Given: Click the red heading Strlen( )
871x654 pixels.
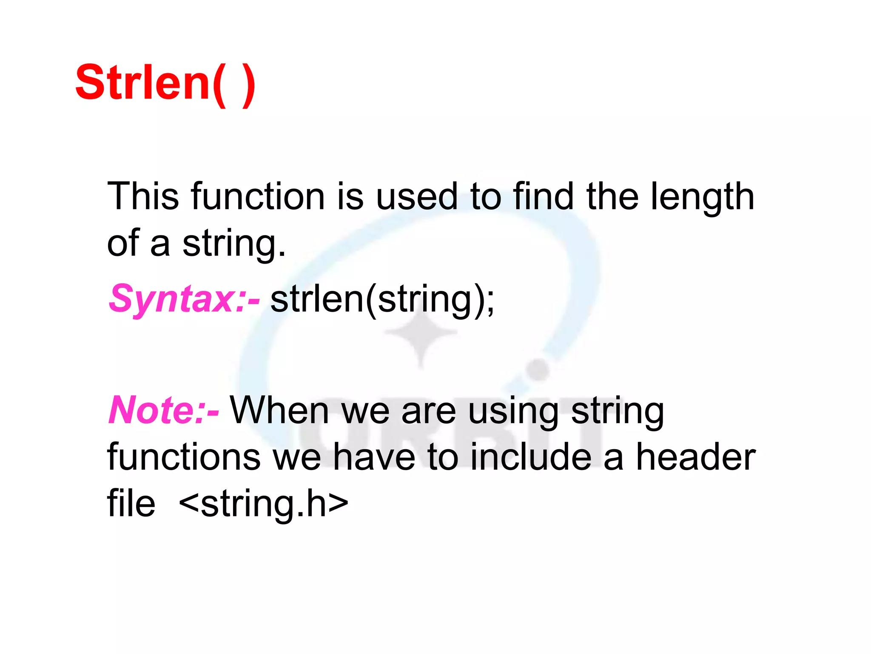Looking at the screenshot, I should pos(165,83).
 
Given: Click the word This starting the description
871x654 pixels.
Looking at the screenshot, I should pos(143,196).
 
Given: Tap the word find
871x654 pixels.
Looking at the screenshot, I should pos(544,196).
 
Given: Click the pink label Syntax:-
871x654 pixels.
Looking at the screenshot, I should pos(184,299).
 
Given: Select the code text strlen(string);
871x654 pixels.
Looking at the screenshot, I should pos(382,299).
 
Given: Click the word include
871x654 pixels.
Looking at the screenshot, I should pos(531,457).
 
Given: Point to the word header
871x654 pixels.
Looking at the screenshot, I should pos(696,457).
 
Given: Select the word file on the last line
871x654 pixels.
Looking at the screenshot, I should pos(131,503).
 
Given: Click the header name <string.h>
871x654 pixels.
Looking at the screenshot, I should pos(264,504).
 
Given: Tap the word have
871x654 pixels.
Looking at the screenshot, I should pos(374,457).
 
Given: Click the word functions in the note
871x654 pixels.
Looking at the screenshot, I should pos(184,457).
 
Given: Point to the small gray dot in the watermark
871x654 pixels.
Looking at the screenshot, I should pos(538,369).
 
